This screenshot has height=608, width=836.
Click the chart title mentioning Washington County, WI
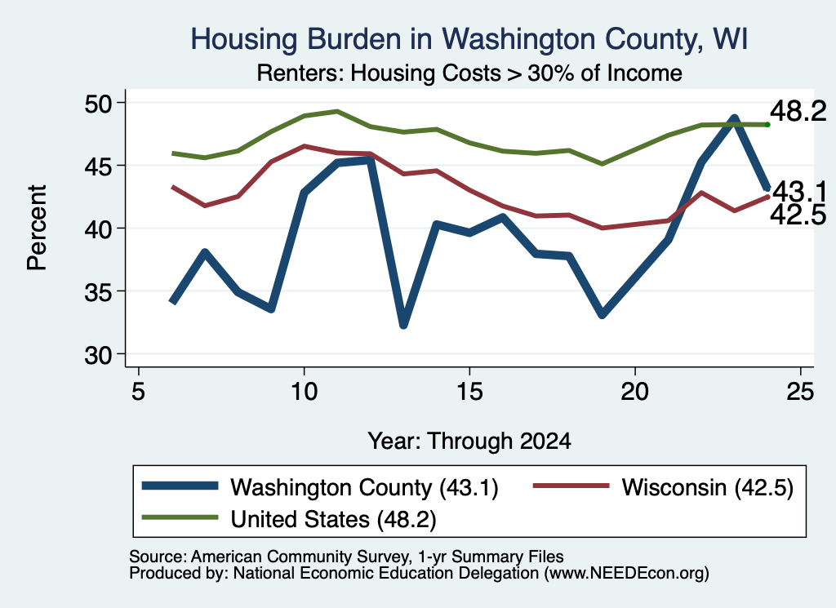469,39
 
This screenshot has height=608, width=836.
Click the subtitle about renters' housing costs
469,73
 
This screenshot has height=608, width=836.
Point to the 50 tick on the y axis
99,103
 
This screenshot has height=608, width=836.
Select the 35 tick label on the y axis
99,292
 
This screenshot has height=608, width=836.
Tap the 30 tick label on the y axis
99,355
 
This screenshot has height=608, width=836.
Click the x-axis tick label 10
304,393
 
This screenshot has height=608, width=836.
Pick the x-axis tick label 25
800,393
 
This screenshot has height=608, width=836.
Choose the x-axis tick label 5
138,393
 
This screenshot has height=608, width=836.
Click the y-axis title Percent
37,228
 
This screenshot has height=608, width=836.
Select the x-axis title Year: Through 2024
469,442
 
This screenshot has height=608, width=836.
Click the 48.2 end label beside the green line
798,111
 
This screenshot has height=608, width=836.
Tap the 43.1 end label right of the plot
799,191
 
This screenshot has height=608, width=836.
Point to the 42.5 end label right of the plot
798,215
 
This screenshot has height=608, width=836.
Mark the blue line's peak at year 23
734,118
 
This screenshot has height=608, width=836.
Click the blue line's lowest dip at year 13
403,323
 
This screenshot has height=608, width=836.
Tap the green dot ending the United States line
767,125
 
